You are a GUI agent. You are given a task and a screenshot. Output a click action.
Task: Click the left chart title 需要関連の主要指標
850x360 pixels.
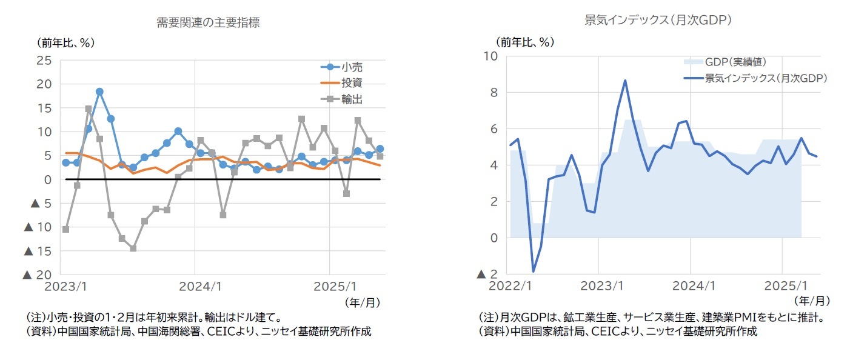209,23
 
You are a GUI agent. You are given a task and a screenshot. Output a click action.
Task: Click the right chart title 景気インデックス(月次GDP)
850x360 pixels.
659,20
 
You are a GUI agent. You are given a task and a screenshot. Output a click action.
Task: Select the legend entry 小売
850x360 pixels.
352,67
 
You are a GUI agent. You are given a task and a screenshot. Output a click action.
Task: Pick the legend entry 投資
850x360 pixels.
352,83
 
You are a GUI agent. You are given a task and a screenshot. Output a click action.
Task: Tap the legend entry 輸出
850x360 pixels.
352,99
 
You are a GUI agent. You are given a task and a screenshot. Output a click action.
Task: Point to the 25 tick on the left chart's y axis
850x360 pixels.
44,60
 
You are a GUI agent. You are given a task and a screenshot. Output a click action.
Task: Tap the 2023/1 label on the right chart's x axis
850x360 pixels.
598,285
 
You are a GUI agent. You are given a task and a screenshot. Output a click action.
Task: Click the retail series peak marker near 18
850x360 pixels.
99,92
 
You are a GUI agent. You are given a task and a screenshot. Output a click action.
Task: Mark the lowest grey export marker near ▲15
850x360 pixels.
133,248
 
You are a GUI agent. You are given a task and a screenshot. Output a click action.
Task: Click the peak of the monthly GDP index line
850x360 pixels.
625,80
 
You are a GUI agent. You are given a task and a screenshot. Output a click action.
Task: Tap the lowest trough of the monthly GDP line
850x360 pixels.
534,271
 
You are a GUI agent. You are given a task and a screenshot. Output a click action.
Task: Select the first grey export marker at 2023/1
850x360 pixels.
65,229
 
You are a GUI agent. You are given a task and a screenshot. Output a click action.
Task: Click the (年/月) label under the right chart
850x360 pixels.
812,300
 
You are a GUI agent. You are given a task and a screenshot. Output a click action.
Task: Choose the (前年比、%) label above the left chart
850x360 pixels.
67,43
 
